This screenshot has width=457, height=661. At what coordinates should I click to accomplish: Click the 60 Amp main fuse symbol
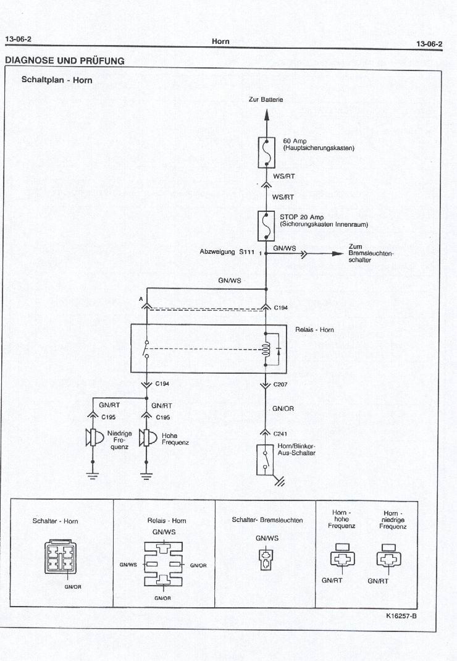[x=266, y=152]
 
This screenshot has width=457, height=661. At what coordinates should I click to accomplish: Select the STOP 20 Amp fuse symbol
[x=266, y=225]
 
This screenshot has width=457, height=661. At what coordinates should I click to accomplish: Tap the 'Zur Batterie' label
[x=266, y=99]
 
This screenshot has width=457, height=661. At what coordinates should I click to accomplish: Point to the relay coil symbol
[x=266, y=350]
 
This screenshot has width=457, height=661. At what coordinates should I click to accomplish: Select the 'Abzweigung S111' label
[x=227, y=252]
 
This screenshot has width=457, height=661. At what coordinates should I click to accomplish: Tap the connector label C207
[x=279, y=384]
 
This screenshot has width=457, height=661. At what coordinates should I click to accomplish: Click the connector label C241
[x=279, y=433]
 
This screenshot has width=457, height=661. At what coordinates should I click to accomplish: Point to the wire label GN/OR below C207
[x=283, y=408]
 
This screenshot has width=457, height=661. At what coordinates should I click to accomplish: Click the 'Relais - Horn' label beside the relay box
[x=314, y=330]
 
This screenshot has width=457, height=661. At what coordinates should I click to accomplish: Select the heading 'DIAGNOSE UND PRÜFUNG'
[x=64, y=61]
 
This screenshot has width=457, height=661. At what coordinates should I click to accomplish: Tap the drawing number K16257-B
[x=401, y=615]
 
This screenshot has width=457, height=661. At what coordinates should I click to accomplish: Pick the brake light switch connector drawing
[x=266, y=560]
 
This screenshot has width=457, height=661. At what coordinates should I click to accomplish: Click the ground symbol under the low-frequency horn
[x=93, y=475]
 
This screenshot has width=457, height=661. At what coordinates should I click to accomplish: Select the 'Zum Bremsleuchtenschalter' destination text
[x=371, y=253]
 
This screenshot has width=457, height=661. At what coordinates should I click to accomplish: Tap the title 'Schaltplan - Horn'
[x=57, y=80]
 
